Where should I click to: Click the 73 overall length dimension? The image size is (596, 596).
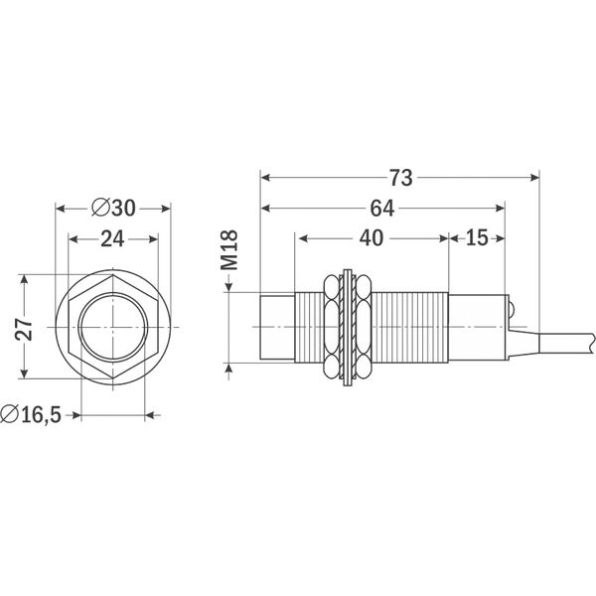(x=400, y=178)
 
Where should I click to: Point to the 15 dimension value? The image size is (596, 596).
(x=476, y=239)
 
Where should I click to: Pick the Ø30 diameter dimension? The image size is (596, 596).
(x=112, y=208)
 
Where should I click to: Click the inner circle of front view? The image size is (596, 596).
(x=113, y=327)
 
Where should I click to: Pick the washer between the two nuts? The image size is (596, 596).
(x=347, y=326)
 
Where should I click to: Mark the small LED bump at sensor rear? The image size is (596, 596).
(x=511, y=311)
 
